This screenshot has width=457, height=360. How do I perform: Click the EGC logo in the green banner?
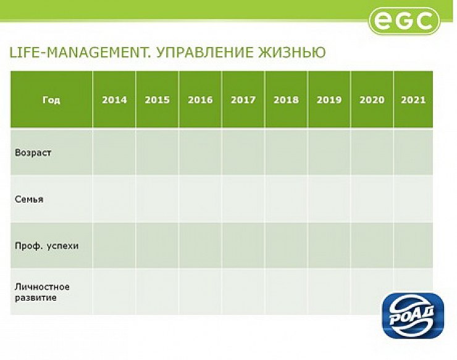pyautogui.click(x=405, y=20)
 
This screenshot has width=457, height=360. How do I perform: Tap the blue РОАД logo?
pyautogui.click(x=413, y=316)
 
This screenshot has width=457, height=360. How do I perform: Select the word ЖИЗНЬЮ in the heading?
pyautogui.click(x=291, y=52)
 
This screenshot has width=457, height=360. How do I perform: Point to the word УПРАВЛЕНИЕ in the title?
pyautogui.click(x=205, y=52)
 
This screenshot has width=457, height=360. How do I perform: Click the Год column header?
pyautogui.click(x=51, y=100)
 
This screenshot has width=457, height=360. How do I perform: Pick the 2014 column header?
pyautogui.click(x=114, y=100)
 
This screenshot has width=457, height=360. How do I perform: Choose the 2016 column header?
pyautogui.click(x=200, y=100)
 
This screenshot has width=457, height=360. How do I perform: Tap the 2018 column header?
pyautogui.click(x=286, y=100)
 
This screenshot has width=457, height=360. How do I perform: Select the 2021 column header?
pyautogui.click(x=413, y=100)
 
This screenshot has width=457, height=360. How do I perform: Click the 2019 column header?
pyautogui.click(x=329, y=100)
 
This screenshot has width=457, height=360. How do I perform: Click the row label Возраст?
pyautogui.click(x=33, y=153)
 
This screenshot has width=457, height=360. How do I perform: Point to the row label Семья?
pyautogui.click(x=29, y=199)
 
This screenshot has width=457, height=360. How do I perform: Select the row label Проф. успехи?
pyautogui.click(x=47, y=246)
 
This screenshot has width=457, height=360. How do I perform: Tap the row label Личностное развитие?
pyautogui.click(x=42, y=292)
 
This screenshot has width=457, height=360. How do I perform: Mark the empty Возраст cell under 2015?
pyautogui.click(x=157, y=152)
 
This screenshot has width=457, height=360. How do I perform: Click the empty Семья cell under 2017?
pyautogui.click(x=243, y=199)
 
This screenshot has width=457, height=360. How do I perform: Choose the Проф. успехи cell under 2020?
pyautogui.click(x=372, y=245)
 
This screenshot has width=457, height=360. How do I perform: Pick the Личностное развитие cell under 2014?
pyautogui.click(x=114, y=291)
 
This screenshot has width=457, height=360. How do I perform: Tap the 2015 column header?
pyautogui.click(x=157, y=100)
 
